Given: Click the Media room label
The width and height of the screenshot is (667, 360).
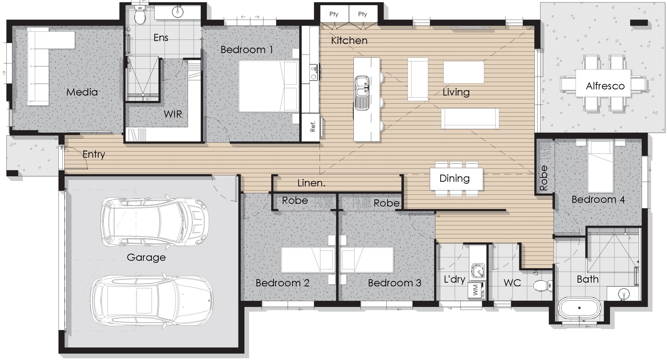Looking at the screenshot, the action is pos(82,92).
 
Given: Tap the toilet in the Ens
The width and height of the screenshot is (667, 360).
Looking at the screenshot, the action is pos(140,15).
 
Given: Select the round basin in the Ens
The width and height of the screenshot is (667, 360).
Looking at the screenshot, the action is pos(178,12).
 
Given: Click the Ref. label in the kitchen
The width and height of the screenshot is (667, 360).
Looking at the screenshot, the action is pos(313,126).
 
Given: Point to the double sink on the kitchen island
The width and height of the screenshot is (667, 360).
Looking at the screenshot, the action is pos(362,93).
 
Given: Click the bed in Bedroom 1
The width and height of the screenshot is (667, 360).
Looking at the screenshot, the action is pos(269,86).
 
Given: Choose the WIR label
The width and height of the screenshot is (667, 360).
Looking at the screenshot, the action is pos(173,114).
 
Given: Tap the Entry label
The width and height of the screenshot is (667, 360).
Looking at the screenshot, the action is pos(94,154).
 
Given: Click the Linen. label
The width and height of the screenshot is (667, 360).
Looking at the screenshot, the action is pos(311,183).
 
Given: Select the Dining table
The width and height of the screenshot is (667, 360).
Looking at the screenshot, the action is pos(456,179).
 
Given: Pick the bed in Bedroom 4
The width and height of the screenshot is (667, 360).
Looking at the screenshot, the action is pos(600,166).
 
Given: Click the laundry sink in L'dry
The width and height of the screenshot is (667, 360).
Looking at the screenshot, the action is pos(478,270).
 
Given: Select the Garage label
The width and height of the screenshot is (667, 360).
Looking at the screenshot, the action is pos(146,257).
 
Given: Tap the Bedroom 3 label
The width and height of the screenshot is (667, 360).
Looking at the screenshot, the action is pos(394,283).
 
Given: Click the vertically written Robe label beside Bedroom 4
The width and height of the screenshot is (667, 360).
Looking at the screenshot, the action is pos(544,178).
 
